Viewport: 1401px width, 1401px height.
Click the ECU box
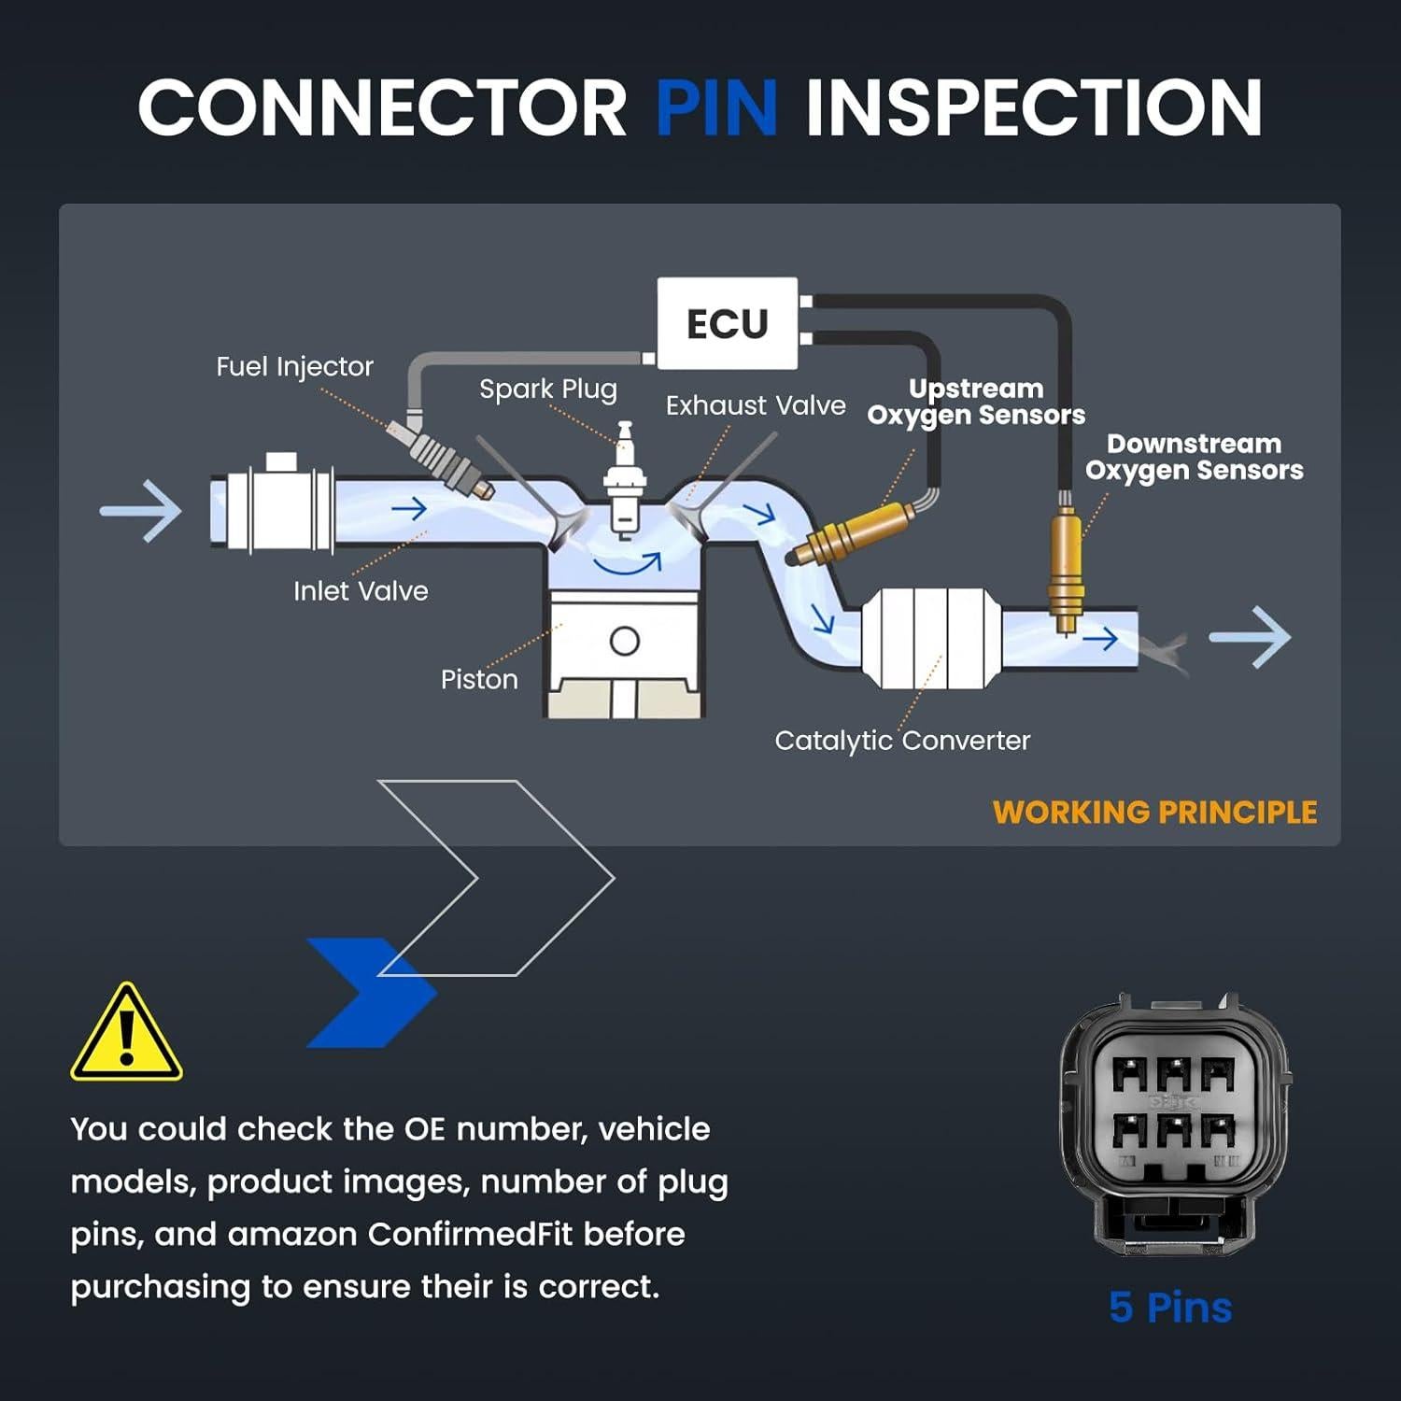pos(728,323)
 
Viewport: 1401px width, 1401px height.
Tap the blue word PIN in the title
pos(716,107)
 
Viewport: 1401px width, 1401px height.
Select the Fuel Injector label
pos(294,366)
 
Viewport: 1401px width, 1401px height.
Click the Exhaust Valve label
pos(756,405)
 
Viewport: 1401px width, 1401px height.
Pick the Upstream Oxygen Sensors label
pos(976,402)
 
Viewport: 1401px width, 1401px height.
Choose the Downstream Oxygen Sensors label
pos(1194,457)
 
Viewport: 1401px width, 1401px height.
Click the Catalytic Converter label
pos(902,741)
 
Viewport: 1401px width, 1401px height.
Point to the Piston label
pos(479,679)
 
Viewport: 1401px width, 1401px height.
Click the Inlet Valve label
pos(361,590)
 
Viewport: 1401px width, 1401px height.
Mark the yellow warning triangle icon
pos(126,1035)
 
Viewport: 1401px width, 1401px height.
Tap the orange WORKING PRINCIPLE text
pos(1154,812)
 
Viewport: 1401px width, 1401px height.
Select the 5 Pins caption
pos(1170,1307)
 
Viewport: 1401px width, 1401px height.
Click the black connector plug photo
pos(1175,1122)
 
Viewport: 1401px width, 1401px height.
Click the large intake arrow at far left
pos(141,511)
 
